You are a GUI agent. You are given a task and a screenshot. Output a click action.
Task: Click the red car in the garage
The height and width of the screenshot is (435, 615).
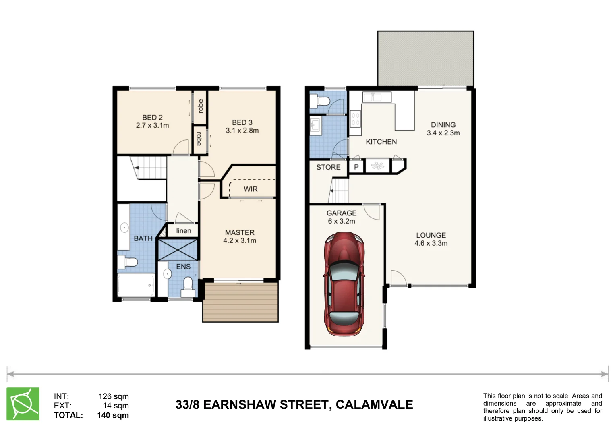344,284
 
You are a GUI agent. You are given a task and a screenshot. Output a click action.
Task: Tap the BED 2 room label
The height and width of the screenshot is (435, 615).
152,118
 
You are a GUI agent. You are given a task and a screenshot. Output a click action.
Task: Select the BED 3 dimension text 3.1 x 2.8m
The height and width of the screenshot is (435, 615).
242,130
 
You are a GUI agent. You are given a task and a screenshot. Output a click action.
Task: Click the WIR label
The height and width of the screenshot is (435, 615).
251,189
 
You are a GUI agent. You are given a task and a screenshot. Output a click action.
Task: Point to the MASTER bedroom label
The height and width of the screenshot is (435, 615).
240,233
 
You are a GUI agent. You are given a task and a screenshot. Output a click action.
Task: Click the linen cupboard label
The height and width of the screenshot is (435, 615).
184,230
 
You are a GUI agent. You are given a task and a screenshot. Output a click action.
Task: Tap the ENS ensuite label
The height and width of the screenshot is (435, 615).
183,267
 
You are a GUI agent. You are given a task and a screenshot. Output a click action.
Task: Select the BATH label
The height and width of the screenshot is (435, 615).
143,238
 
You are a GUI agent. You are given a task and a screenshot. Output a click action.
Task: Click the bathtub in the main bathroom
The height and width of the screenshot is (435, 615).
136,285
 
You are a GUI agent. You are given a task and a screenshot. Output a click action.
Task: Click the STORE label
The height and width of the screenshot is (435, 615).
328,167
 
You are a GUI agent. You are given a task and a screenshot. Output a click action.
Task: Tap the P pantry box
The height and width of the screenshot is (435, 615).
356,167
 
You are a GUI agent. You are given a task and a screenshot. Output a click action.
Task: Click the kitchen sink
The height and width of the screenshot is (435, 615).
372,97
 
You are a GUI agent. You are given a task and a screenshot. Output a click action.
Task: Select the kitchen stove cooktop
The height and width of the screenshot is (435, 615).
355,119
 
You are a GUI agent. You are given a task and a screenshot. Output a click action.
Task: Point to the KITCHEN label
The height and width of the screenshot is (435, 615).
381,142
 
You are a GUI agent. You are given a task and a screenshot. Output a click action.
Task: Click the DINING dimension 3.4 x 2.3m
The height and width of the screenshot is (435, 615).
443,133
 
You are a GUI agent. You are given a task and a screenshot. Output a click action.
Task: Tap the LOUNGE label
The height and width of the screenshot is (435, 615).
431,235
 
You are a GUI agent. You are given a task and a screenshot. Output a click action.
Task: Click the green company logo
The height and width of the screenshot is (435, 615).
23,404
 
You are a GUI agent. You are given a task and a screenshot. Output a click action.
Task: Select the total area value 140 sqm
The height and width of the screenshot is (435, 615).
113,415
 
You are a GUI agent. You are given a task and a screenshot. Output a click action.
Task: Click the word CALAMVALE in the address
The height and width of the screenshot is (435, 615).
374,404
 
